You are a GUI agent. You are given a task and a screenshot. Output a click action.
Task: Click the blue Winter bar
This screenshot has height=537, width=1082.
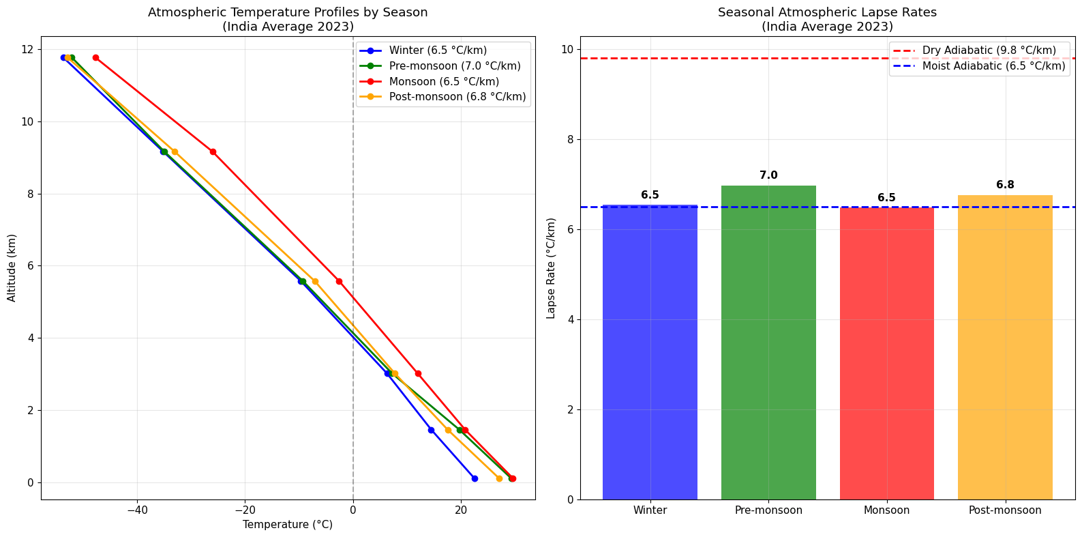click(650, 351)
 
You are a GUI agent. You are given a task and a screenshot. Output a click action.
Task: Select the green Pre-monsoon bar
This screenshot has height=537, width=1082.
click(768, 343)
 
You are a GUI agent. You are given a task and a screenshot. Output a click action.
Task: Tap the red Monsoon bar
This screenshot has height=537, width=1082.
click(886, 353)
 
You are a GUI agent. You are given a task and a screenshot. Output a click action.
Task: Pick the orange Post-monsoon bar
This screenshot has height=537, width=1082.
click(1005, 347)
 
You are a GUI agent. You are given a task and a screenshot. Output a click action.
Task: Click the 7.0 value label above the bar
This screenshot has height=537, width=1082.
click(768, 175)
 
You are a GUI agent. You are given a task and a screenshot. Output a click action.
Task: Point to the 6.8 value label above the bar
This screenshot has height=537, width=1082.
click(1005, 185)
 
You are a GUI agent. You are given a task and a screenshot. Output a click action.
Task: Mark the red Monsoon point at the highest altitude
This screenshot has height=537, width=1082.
click(95, 57)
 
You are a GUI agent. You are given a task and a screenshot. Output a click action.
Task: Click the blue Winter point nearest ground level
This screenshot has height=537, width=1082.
click(475, 478)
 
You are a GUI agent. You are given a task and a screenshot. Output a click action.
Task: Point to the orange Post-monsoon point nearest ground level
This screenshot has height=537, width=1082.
click(499, 478)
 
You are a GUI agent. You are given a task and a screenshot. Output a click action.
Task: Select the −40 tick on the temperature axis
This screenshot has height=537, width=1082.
click(137, 510)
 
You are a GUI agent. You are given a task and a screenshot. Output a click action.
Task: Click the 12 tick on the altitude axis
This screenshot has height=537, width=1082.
click(27, 50)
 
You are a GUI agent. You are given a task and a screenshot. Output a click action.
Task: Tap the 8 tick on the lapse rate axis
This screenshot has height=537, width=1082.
click(567, 140)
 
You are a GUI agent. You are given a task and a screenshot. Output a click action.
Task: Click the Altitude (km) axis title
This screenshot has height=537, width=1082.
click(12, 267)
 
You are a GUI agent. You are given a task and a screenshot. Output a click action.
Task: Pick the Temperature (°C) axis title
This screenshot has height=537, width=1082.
click(288, 525)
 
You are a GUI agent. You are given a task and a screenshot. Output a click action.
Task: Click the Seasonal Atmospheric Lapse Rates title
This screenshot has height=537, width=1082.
click(827, 12)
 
